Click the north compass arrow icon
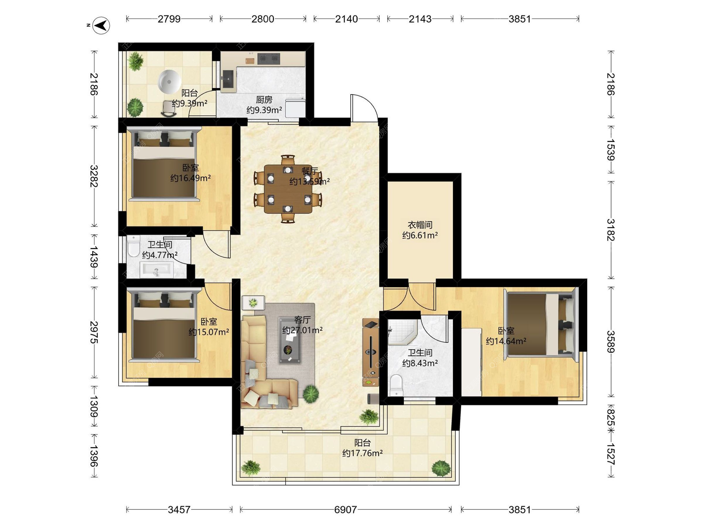pos(101,26)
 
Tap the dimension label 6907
pos(345,510)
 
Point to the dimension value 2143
pos(420,19)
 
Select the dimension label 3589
pos(610,342)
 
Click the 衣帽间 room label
pos(420,225)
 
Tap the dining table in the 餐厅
pos(288,189)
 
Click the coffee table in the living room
pos(290,340)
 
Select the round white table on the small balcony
pos(170,81)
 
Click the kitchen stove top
pos(269,58)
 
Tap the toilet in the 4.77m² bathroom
pos(133,246)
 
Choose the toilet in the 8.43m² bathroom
pos(396,385)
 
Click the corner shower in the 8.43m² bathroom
pos(402,333)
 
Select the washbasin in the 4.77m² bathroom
pos(157,270)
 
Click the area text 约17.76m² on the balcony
pos(362,453)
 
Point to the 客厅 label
pos(302,320)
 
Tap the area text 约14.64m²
pos(506,341)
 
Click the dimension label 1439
pos(94,257)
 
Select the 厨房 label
pos(264,100)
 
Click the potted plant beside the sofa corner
pos(311,394)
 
